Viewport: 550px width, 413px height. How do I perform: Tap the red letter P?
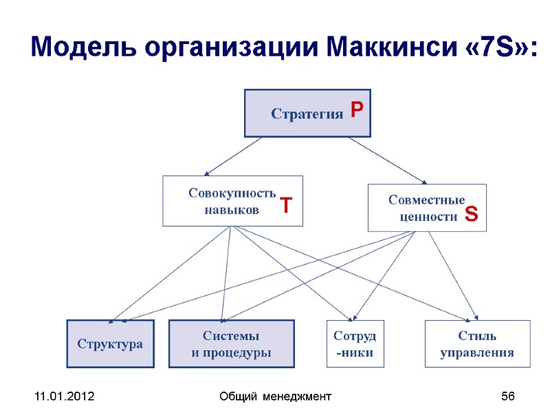click(356, 110)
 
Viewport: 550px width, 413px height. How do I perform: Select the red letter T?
click(286, 205)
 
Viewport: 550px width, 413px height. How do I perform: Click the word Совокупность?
click(232, 193)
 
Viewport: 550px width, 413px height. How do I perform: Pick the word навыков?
click(232, 210)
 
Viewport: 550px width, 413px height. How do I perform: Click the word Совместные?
click(427, 200)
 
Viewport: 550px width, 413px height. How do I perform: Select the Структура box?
click(110, 343)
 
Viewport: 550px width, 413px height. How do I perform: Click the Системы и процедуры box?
click(231, 343)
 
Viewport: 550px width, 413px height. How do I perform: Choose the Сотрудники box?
click(355, 343)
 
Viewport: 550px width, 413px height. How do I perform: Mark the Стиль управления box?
click(477, 343)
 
